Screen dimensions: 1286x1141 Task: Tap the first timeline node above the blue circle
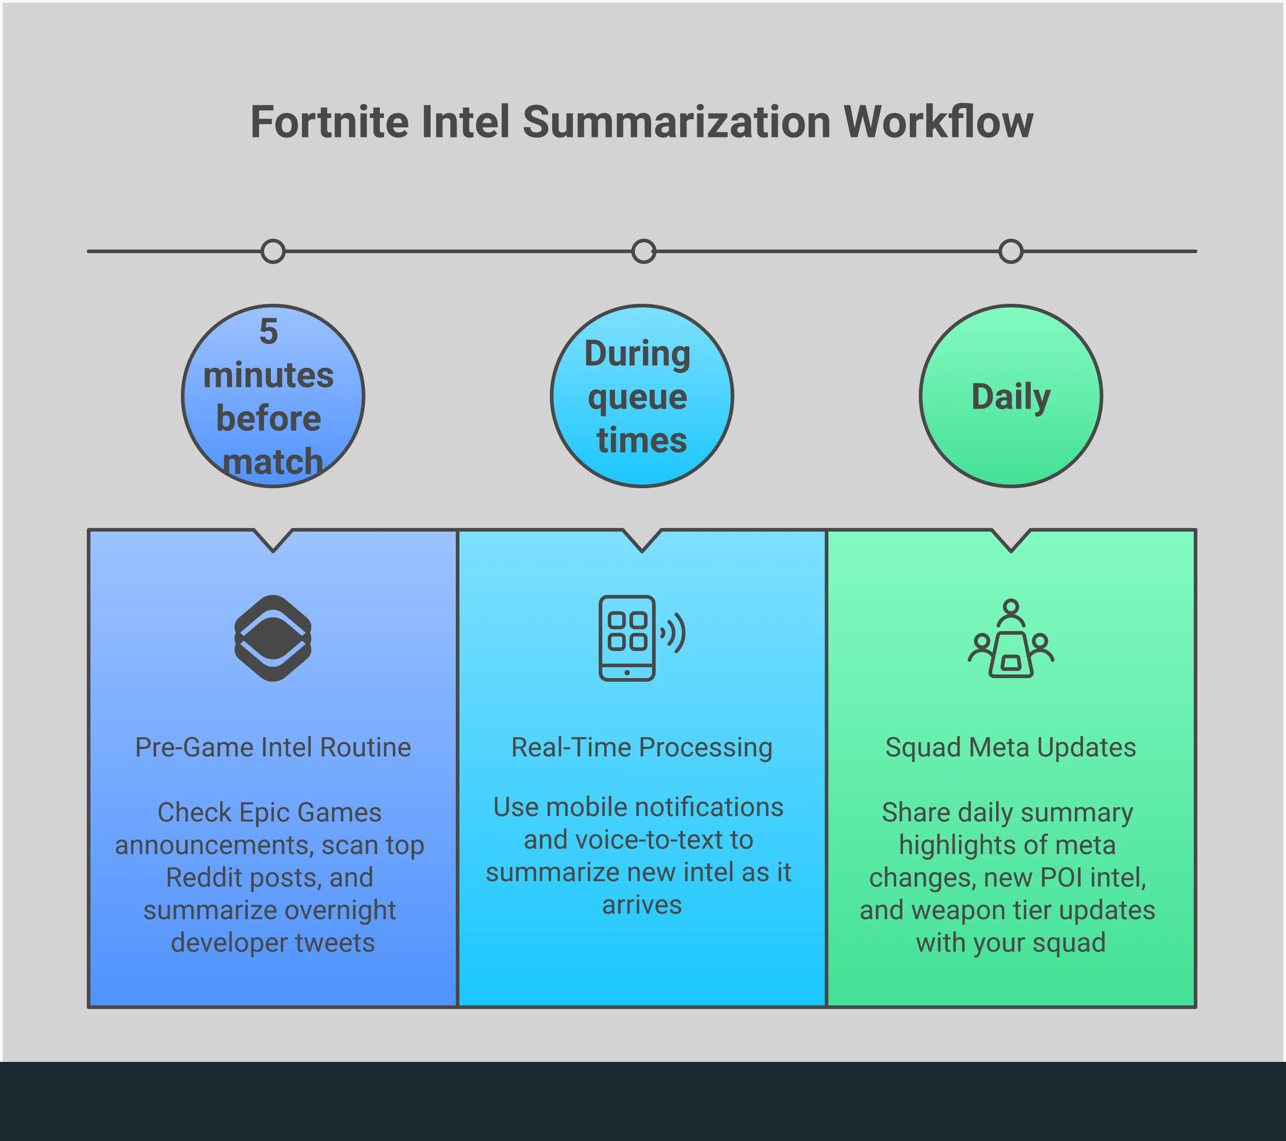coord(273,252)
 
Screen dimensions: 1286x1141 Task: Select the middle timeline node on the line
coord(643,252)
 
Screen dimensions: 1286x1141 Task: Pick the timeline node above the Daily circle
coord(1011,252)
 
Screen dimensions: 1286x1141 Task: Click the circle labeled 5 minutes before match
coord(273,396)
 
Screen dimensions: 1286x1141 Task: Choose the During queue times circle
coord(642,396)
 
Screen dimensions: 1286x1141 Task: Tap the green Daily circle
coord(1011,396)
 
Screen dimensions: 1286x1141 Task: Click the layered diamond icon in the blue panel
coord(273,638)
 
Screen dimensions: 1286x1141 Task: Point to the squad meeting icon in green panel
coord(1011,638)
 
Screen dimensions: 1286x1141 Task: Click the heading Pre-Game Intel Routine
coord(273,748)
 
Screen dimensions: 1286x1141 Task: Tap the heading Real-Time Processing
coord(642,748)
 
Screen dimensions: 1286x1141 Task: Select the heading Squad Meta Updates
coord(1011,748)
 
